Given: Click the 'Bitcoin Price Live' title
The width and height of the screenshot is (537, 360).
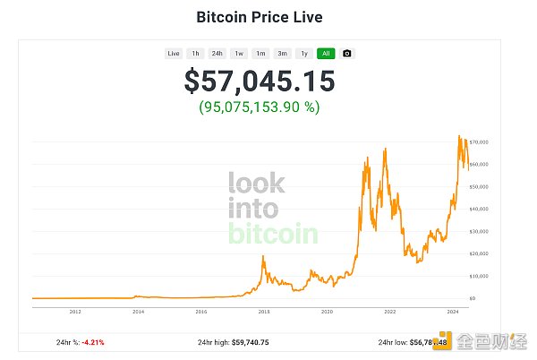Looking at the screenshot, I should coord(260,17).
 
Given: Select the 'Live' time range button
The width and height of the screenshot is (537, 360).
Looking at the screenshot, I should coord(174,53).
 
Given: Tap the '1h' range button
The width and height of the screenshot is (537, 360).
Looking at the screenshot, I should coord(195,53).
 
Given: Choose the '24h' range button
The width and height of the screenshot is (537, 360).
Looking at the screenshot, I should coord(217,53).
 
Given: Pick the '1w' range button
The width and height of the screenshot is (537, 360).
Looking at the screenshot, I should coord(239,53).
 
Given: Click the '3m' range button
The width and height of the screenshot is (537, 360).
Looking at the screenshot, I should coord(282,53).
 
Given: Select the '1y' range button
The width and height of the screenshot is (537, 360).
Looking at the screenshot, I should coord(304,53).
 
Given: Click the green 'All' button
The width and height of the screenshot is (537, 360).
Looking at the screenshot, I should coord(326,53).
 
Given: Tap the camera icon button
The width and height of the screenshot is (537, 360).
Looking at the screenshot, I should coord(347,53).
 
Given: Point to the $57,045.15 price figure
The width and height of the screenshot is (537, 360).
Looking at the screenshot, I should coord(260,81).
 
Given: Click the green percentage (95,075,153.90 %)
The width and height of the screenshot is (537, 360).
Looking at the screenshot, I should coord(260,107).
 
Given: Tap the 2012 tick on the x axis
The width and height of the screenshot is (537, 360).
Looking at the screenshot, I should coord(75,312).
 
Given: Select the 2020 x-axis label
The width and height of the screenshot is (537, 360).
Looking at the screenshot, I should coord(327,312).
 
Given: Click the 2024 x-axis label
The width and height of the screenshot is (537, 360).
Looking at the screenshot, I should coord(453,312).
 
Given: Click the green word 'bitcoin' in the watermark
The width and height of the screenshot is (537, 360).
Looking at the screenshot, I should coord(273,235).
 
